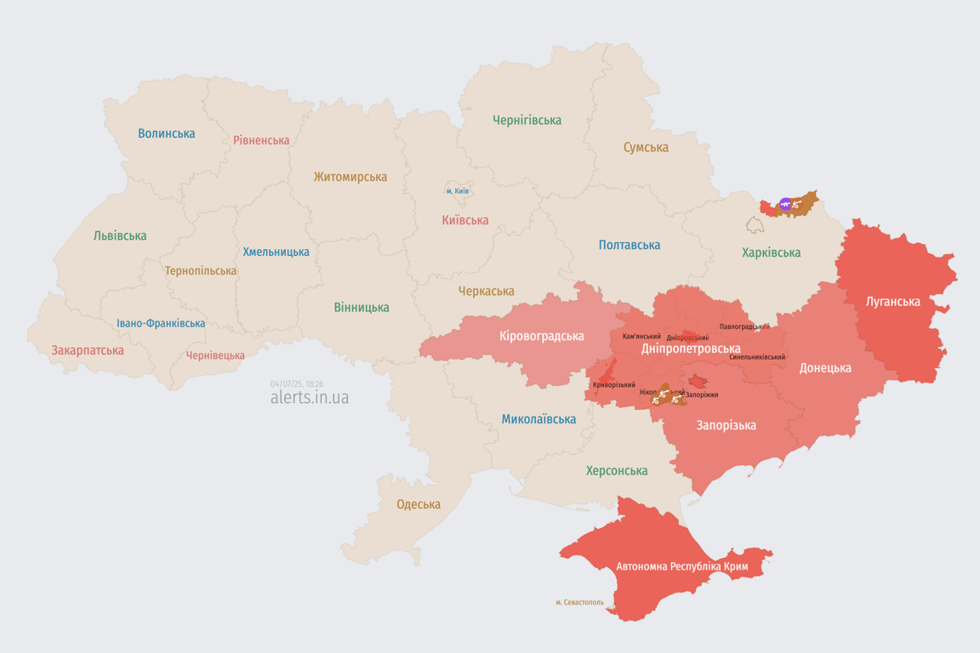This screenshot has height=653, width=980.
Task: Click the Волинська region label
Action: click(x=167, y=133)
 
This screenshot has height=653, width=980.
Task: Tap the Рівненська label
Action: click(x=261, y=140)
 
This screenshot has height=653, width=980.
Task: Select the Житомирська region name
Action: click(x=350, y=177)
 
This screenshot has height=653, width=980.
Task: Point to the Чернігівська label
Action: click(x=527, y=120)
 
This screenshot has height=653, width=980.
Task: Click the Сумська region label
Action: click(x=646, y=147)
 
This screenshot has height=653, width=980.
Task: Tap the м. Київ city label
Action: click(x=458, y=191)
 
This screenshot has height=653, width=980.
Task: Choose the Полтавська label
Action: click(x=630, y=245)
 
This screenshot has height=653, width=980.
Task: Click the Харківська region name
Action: click(x=771, y=253)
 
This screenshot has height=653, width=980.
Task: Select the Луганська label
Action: click(x=892, y=301)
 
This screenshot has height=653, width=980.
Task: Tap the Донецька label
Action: click(x=825, y=368)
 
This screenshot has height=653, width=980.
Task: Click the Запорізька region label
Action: click(x=726, y=425)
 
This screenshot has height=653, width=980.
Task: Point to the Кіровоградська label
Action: click(x=542, y=336)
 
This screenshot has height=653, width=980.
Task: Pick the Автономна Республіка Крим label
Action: click(x=681, y=566)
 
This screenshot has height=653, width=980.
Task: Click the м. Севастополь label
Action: click(x=580, y=602)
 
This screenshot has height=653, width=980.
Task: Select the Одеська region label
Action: click(x=419, y=504)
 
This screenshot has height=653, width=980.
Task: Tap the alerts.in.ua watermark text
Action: click(x=310, y=398)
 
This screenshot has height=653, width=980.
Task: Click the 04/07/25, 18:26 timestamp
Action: click(x=297, y=384)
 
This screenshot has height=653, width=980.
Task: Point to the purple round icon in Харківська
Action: click(x=784, y=204)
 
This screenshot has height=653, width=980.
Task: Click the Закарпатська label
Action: click(x=88, y=350)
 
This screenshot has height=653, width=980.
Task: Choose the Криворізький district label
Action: click(x=614, y=385)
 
